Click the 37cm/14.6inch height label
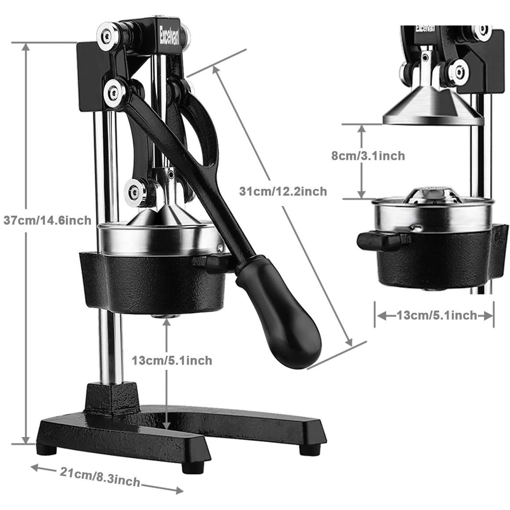(47, 221)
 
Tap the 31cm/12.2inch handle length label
(283, 191)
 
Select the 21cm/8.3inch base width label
(100, 477)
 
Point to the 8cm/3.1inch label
(368, 156)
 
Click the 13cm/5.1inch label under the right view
(437, 315)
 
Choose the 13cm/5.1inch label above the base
(172, 360)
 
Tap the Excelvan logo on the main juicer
(169, 36)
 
